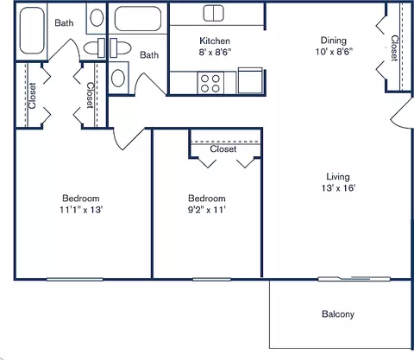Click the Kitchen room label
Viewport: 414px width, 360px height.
(213, 41)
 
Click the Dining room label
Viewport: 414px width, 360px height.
(333, 39)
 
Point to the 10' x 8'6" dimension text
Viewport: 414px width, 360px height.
(333, 50)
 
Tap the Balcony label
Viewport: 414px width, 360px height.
(337, 314)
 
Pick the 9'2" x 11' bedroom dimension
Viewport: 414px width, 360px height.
(206, 209)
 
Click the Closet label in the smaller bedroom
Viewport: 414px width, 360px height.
(223, 149)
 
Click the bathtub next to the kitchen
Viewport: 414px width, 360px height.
(139, 22)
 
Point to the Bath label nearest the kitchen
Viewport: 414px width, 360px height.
(149, 55)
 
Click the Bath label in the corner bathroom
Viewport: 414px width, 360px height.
(64, 23)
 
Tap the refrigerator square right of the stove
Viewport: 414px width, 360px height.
(249, 81)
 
